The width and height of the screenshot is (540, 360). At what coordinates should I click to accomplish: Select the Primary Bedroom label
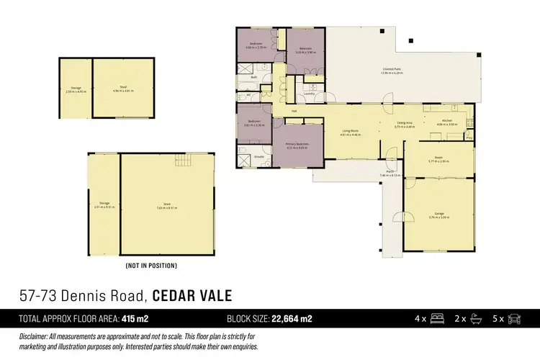(x=297, y=144)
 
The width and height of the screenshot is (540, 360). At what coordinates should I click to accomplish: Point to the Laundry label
(x=310, y=94)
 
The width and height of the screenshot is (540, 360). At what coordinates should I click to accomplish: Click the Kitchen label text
(x=447, y=120)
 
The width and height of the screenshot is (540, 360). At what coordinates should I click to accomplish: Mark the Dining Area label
(x=405, y=122)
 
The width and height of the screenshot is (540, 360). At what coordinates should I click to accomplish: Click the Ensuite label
(x=259, y=156)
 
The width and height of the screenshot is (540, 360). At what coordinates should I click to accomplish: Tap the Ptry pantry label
(x=469, y=137)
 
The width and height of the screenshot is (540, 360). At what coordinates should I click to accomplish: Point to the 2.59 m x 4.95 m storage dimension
(x=76, y=91)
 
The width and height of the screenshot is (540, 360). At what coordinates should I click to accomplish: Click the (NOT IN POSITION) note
(x=150, y=266)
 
